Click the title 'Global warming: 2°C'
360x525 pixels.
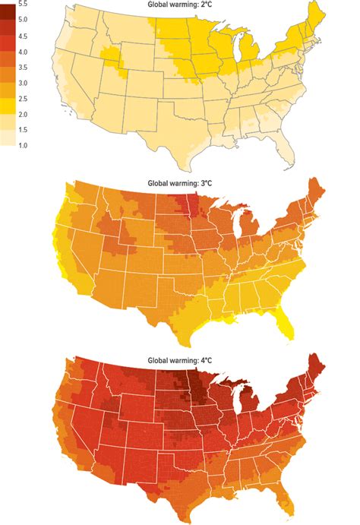point(179,5)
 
